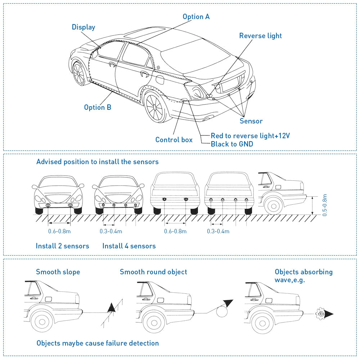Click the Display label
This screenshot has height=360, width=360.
click(84, 27)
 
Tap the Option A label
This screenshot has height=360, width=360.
click(196, 17)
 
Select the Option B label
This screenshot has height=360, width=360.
click(98, 107)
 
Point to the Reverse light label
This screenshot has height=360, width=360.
click(260, 36)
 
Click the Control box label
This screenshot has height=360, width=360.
click(174, 140)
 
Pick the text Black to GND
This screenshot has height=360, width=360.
click(232, 144)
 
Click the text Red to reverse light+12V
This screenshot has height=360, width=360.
click(250, 136)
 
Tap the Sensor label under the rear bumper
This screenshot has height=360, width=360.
click(251, 121)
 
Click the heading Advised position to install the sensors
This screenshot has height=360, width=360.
click(97, 162)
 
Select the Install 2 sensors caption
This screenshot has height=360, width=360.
click(62, 246)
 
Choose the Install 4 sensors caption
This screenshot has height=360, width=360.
click(129, 246)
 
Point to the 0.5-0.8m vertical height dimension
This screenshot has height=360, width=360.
click(325, 205)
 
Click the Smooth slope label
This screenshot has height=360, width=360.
click(58, 272)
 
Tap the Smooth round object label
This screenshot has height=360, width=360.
click(153, 272)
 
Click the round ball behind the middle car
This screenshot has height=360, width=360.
click(222, 311)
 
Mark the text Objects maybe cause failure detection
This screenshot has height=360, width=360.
click(98, 343)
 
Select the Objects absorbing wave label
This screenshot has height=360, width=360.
click(303, 275)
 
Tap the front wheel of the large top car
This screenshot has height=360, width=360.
click(78, 73)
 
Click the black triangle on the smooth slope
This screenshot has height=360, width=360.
click(112, 307)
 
